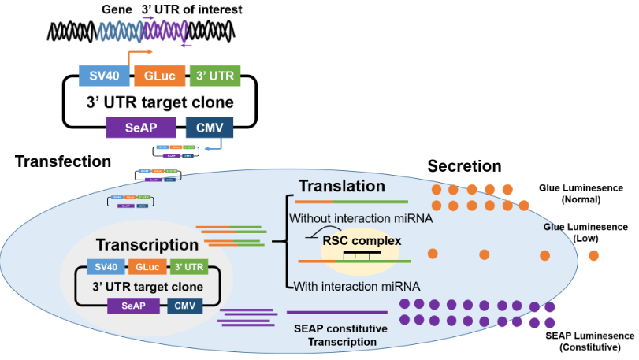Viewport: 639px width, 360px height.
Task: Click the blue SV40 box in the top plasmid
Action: pos(102,76)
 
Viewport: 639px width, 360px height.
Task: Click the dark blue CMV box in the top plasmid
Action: pos(209,126)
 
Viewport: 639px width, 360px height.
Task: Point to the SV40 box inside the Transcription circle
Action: pos(105,266)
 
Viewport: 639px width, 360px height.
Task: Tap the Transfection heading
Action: pos(63,161)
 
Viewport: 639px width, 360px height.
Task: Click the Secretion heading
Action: pos(464,166)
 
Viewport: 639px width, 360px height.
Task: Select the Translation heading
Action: pos(341,187)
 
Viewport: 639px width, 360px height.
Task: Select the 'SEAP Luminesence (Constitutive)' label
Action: pos(589,341)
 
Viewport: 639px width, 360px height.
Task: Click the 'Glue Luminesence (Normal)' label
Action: pos(581,194)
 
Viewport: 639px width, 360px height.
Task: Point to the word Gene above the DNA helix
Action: pos(116,10)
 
